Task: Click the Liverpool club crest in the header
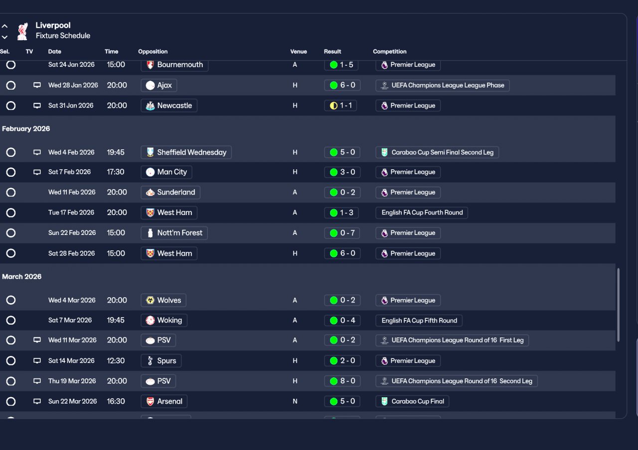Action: (22, 31)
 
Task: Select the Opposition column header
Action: (153, 52)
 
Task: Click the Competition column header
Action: (389, 52)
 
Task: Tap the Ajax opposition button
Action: (159, 85)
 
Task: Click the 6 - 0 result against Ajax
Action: (342, 85)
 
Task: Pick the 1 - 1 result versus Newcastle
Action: (340, 106)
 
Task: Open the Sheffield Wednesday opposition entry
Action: (186, 152)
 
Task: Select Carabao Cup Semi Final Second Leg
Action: (437, 152)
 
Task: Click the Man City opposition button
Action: (166, 172)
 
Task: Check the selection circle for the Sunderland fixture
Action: (11, 193)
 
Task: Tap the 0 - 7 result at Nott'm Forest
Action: (342, 233)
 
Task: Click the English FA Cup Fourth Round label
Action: (422, 213)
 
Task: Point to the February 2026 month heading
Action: (26, 129)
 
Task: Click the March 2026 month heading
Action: (22, 277)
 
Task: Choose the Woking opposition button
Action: (164, 321)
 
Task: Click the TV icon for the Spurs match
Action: (37, 361)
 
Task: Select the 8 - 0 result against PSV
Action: (342, 381)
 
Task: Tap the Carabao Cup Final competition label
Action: (413, 401)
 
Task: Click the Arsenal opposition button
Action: (164, 401)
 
